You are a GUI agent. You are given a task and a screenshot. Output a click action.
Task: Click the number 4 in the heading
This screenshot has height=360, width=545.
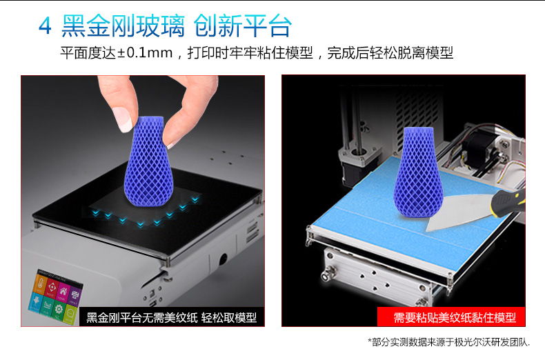tap(45, 26)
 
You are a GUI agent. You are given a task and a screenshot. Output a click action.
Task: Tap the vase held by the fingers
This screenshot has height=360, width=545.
tap(148, 161)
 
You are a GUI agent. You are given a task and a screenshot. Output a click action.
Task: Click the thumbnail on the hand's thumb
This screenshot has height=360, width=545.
tap(122, 119)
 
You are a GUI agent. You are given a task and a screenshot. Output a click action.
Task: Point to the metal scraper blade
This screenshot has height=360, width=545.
tap(459, 212)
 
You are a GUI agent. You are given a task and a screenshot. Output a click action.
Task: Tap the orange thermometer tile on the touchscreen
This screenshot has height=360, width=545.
tap(39, 284)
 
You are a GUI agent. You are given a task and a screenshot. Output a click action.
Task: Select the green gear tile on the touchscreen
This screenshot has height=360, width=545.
tap(59, 309)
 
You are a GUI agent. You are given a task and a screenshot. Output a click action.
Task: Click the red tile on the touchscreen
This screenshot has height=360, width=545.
tap(51, 288)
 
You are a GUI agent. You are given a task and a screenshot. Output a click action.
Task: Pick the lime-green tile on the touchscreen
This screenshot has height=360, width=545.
tap(70, 314)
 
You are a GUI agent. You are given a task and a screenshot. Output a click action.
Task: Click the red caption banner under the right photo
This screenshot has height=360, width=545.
tap(451, 317)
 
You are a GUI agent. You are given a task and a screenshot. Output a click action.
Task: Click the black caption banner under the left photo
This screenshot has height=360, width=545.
tap(172, 317)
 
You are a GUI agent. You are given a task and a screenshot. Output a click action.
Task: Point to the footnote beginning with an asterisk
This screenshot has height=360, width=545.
tap(448, 342)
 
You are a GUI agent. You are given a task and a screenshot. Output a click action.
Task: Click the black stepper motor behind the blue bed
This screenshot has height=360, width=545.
tap(478, 150)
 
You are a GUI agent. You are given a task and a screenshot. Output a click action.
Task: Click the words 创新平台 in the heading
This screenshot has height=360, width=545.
tap(243, 26)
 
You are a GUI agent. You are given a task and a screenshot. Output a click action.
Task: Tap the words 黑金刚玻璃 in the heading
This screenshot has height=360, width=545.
tap(123, 26)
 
